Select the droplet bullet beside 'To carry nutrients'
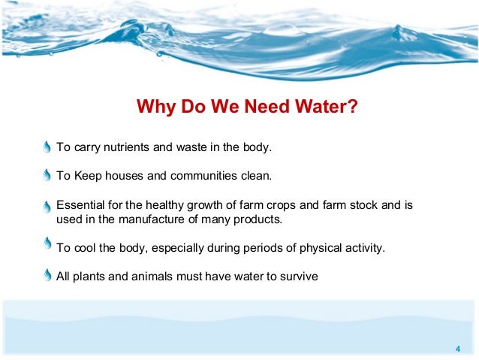[x=47, y=146]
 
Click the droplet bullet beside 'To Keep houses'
[x=47, y=176]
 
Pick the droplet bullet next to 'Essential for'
[x=47, y=206]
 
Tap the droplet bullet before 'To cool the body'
[x=47, y=244]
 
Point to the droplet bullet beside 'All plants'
[x=47, y=275]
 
